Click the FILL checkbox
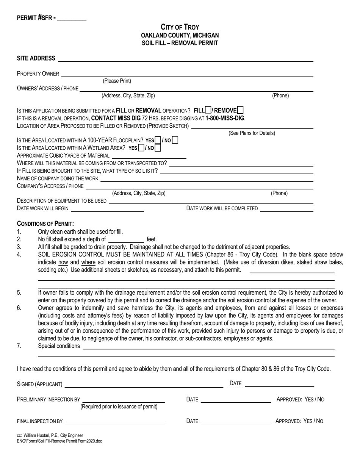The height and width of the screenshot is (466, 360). pos(208,110)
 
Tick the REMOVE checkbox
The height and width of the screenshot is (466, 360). pos(240,110)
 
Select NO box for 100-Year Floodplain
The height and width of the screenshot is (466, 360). pos(175,140)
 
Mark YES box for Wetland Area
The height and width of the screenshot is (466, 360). pos(141,148)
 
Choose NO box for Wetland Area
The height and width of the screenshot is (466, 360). pos(158,148)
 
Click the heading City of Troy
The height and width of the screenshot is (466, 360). pos(180,27)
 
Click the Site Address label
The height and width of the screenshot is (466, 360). pos(36,58)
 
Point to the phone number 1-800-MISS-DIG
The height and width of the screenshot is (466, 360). pos(225,118)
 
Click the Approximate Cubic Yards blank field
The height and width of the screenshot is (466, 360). pos(149,156)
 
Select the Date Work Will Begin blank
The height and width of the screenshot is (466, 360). pos(107,208)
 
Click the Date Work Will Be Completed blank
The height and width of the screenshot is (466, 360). pos(286,208)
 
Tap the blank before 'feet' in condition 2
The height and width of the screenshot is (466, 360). pos(126,239)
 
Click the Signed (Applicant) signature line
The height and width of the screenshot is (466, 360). pos(144,385)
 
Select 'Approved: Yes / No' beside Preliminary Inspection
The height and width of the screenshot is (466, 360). pos(300,399)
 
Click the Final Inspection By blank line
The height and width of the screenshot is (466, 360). pos(115,421)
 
